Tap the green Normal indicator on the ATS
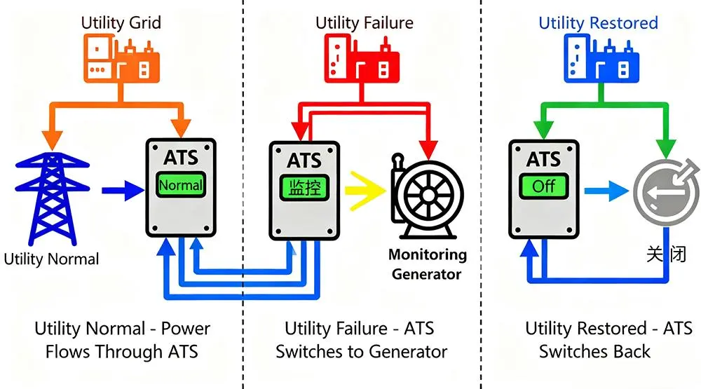[x=181, y=186]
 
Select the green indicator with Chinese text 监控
[x=304, y=188]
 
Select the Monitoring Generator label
[x=427, y=264]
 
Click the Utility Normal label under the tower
[x=51, y=259]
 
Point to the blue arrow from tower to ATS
[x=120, y=189]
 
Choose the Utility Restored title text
[x=598, y=22]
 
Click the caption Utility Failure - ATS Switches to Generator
[x=360, y=339]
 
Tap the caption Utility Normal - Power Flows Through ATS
[x=122, y=339]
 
